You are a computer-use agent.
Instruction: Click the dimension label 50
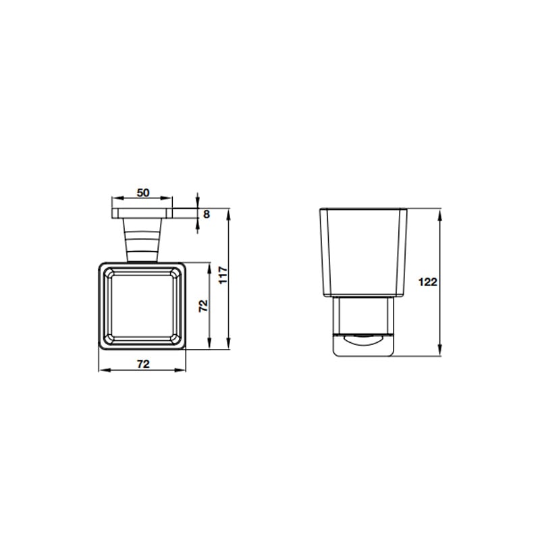pos(143,193)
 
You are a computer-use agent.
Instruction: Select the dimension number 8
pos(207,214)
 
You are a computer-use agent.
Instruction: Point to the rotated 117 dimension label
pos(223,275)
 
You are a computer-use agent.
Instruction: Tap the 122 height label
pos(427,282)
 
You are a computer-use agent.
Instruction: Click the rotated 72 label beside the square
pos(204,306)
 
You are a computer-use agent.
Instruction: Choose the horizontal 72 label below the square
pos(143,364)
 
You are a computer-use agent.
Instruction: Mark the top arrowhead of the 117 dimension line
pos(227,214)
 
